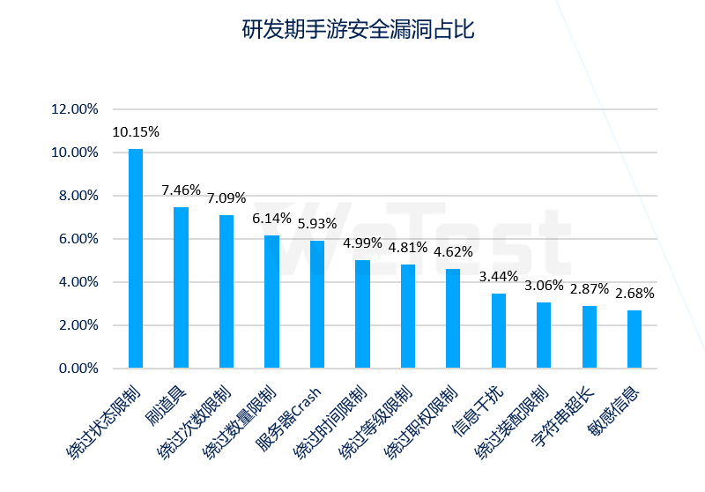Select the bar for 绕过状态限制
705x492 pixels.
(x=136, y=257)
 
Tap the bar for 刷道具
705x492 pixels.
(x=181, y=287)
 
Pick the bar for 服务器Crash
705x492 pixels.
(x=317, y=303)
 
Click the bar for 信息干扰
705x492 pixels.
(x=499, y=331)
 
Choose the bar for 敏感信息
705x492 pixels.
(x=634, y=339)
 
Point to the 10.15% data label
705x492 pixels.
(x=136, y=132)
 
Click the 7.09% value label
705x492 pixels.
(x=226, y=198)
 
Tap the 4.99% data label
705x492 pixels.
(x=362, y=243)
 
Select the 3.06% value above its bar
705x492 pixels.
(x=544, y=285)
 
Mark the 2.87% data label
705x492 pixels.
(x=589, y=289)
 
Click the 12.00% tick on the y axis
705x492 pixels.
(x=74, y=109)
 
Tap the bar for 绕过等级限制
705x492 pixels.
(x=408, y=316)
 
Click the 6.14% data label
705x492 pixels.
(x=271, y=219)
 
